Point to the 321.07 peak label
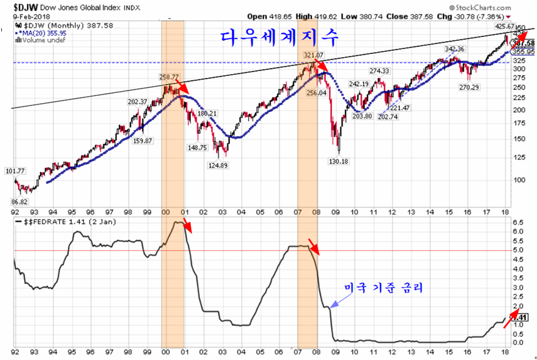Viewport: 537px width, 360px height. (313, 56)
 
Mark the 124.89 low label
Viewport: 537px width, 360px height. (220, 165)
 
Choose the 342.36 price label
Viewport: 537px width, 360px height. (454, 49)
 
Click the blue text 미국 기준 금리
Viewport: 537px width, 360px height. (384, 288)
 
